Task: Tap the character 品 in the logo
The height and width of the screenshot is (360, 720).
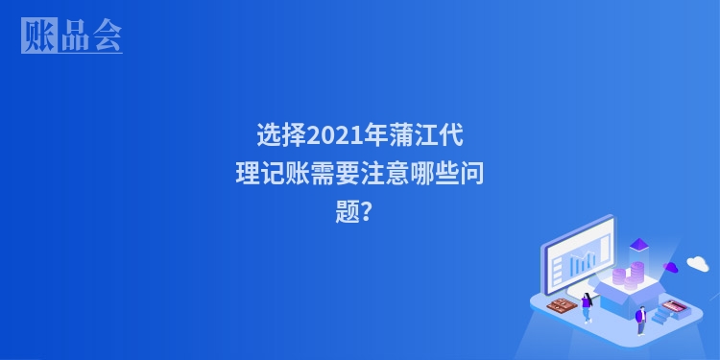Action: tap(74, 36)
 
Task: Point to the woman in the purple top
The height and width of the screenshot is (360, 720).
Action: tap(587, 306)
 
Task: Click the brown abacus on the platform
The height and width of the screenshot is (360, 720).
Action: tap(560, 306)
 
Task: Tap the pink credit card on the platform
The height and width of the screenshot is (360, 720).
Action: tap(673, 307)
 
